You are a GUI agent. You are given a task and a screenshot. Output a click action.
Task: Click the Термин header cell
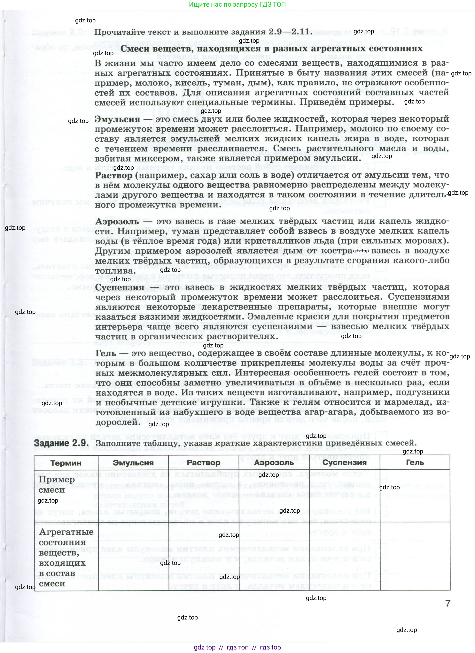tap(66, 463)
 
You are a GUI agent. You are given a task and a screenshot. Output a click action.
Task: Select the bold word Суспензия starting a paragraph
tap(120, 287)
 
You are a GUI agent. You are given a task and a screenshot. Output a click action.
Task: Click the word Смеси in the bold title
tap(135, 48)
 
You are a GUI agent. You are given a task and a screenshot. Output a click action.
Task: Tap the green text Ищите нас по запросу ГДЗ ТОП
tap(237, 5)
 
